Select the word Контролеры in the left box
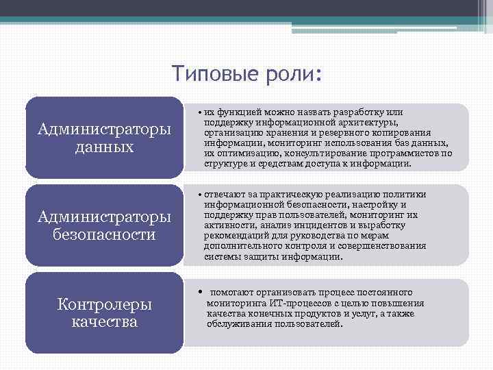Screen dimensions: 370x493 pos(105,305)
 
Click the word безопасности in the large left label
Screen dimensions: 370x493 pos(105,234)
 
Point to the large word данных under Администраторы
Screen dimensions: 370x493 pos(105,147)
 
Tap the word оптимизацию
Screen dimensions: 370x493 pos(245,153)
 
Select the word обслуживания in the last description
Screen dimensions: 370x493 pos(236,323)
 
